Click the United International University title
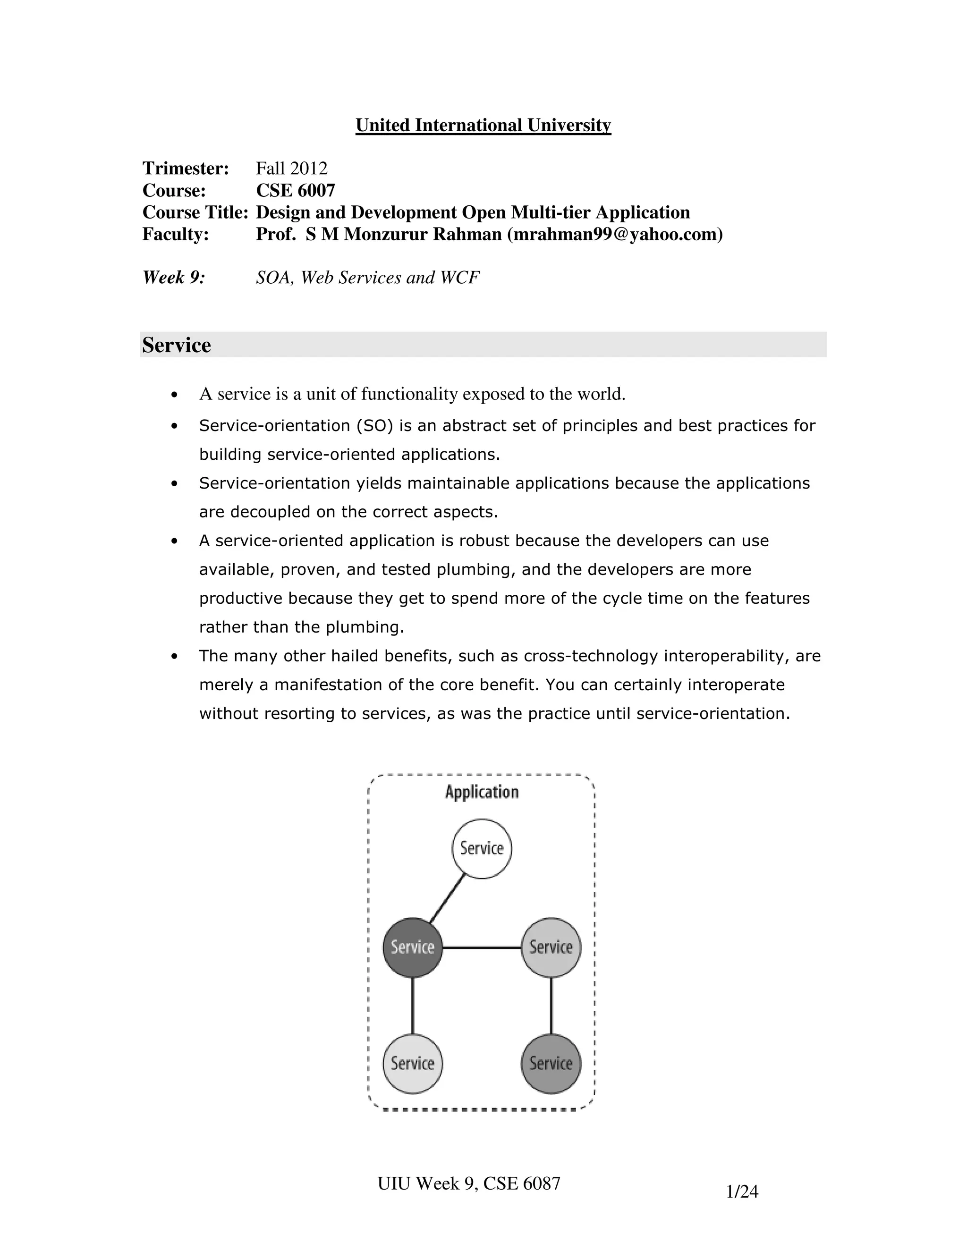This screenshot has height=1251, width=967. click(x=483, y=125)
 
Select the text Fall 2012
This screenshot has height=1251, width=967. click(x=292, y=169)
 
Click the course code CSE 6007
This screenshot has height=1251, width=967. click(x=296, y=190)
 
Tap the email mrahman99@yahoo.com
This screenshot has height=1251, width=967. click(x=615, y=234)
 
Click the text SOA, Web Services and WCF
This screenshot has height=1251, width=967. click(x=367, y=278)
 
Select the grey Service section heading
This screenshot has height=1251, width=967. click(x=177, y=345)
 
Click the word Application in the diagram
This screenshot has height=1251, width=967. click(x=482, y=792)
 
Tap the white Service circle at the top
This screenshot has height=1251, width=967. click(x=482, y=848)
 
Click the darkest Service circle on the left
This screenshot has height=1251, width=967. click(x=413, y=947)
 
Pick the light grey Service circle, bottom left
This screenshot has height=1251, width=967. click(x=413, y=1064)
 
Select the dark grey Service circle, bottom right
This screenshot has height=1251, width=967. click(x=551, y=1064)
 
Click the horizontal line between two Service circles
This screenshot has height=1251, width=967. click(x=481, y=948)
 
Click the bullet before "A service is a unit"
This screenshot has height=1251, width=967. click(x=175, y=395)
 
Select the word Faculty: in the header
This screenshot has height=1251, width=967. click(x=175, y=234)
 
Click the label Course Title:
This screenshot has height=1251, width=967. click(x=195, y=212)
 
